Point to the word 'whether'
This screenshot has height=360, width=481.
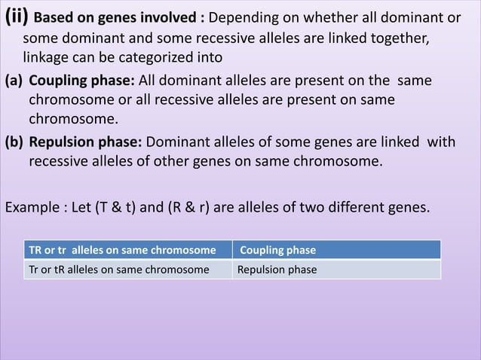click(x=329, y=17)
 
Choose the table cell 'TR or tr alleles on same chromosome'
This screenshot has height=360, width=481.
click(x=121, y=250)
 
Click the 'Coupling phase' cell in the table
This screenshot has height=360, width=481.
click(x=277, y=250)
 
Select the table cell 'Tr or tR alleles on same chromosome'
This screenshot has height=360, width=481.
click(x=118, y=270)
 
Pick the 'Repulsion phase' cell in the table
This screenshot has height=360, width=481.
click(x=277, y=270)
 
